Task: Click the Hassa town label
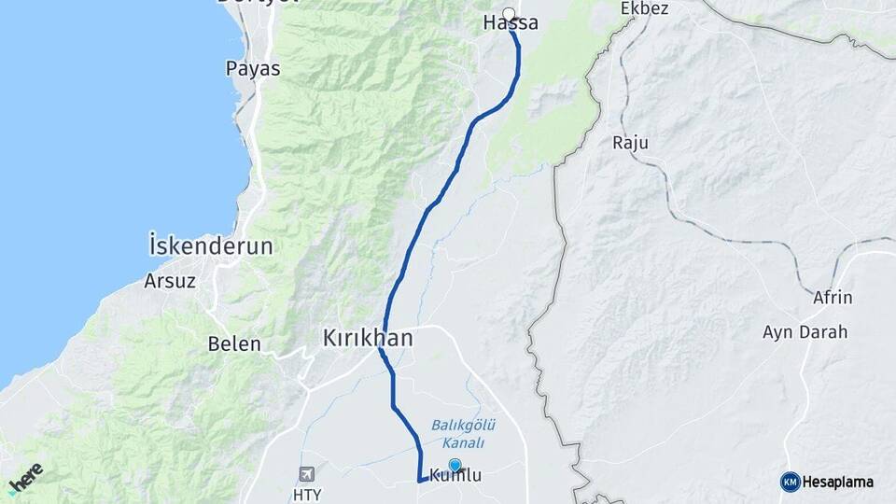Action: (x=511, y=24)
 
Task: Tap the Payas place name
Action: (x=253, y=68)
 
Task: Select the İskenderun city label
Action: (x=211, y=246)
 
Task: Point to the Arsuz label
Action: (x=170, y=280)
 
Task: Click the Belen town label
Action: (x=234, y=343)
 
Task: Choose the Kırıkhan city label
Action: (x=368, y=338)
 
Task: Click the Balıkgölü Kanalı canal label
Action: (x=456, y=433)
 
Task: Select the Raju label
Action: (x=630, y=143)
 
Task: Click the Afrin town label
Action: (x=833, y=299)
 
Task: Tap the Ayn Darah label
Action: (x=805, y=332)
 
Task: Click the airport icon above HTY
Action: (x=306, y=474)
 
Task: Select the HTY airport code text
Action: (x=306, y=493)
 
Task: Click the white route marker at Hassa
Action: (x=509, y=14)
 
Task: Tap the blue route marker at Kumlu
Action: (x=455, y=465)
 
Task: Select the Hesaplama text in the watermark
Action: (x=837, y=482)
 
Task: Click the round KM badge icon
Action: (x=790, y=482)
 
